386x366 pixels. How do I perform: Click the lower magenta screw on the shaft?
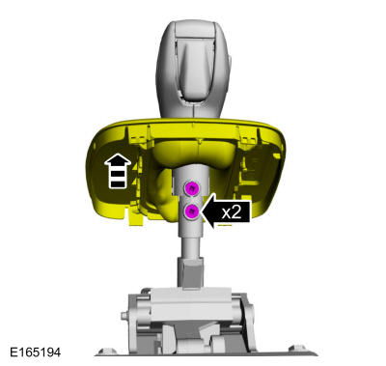192,210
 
